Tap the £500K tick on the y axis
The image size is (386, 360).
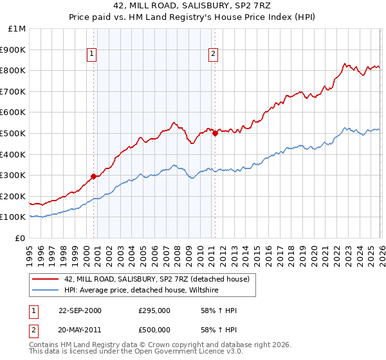[13, 134]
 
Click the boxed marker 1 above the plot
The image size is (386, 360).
[93, 55]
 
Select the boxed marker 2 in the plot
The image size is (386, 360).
[213, 55]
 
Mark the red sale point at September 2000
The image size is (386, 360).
[94, 176]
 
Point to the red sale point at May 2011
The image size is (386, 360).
[215, 133]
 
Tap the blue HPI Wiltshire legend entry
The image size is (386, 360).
[141, 290]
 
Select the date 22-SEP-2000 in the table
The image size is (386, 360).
[80, 310]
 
